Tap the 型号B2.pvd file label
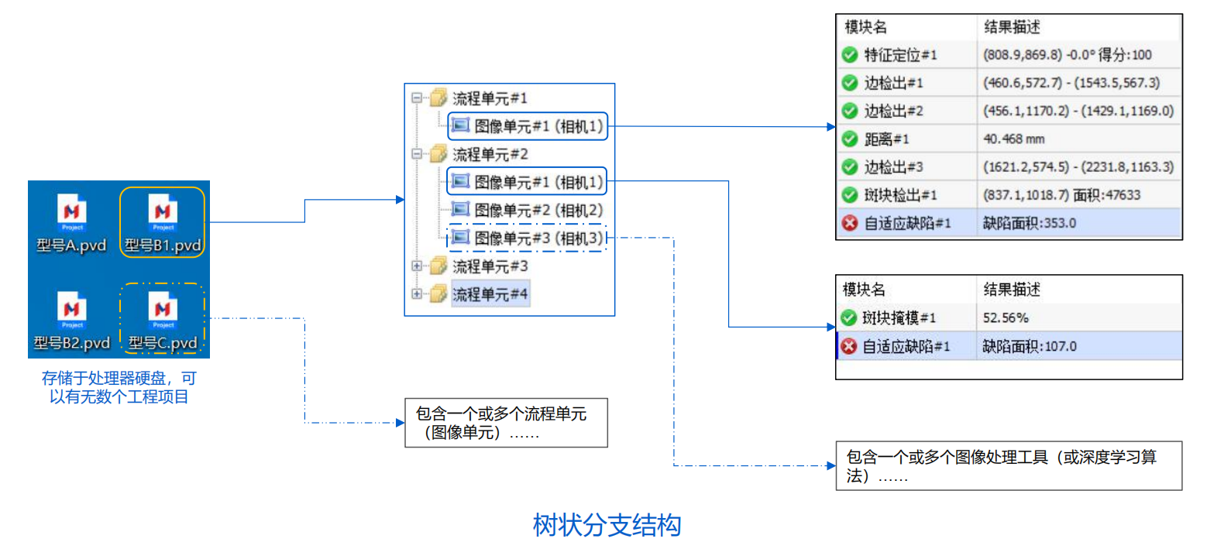pyautogui.click(x=72, y=343)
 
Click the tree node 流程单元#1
pyautogui.click(x=490, y=98)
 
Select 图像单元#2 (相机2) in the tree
pyautogui.click(x=538, y=210)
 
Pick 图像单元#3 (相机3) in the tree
pyautogui.click(x=538, y=238)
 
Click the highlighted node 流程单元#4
pyautogui.click(x=490, y=294)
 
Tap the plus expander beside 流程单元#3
pyautogui.click(x=417, y=266)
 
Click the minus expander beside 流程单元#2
pyautogui.click(x=417, y=154)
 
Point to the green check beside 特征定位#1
pyautogui.click(x=850, y=54)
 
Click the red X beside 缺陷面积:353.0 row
pyautogui.click(x=850, y=223)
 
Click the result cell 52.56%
pyautogui.click(x=1006, y=318)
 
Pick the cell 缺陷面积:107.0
pyautogui.click(x=1029, y=346)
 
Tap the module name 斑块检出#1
pyautogui.click(x=900, y=195)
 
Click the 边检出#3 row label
pyautogui.click(x=893, y=167)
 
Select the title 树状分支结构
pyautogui.click(x=607, y=525)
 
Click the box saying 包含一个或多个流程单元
pyautogui.click(x=506, y=423)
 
